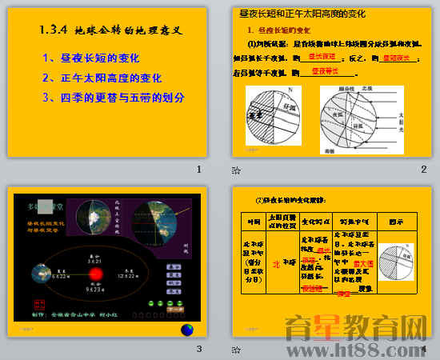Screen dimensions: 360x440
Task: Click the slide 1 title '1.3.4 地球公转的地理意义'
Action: coord(111,31)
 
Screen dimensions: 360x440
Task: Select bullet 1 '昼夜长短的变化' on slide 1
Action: coord(90,58)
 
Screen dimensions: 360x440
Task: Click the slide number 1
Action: coord(198,169)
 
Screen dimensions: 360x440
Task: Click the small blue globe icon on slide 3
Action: coord(186,330)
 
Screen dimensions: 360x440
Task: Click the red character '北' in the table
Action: coord(276,262)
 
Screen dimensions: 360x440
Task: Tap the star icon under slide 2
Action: coord(235,170)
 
